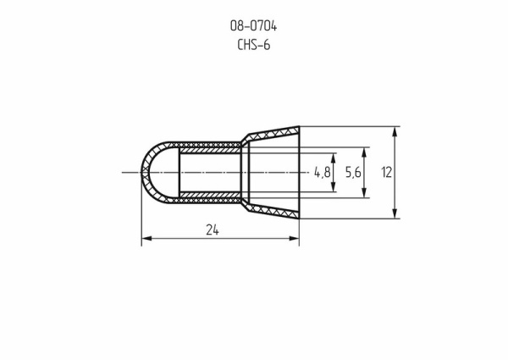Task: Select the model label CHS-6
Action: pos(254,44)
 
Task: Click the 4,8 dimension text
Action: pos(322,172)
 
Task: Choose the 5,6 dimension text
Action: pos(353,172)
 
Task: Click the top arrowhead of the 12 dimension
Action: pos(396,132)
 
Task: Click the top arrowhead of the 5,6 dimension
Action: pos(365,152)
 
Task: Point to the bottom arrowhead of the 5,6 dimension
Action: pos(365,194)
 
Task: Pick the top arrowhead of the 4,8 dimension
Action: pos(334,157)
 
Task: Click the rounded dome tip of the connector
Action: pos(145,172)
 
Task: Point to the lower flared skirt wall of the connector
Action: pos(271,212)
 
